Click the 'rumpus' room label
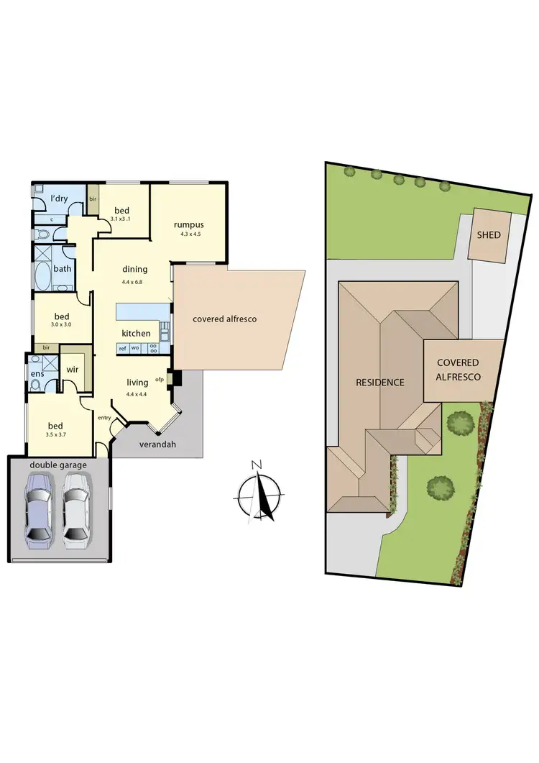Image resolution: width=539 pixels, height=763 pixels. click(190, 224)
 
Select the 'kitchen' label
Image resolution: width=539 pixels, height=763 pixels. click(136, 333)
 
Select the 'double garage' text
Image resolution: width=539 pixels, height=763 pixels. click(58, 465)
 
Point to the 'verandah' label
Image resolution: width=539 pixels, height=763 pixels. click(157, 444)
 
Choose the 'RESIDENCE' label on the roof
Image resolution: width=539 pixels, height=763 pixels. click(380, 382)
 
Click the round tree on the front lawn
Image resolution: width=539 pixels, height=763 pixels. click(440, 488)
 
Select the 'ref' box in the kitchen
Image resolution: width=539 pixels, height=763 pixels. click(123, 348)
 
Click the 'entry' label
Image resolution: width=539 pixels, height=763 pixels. click(105, 417)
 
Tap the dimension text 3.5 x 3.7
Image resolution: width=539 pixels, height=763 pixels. click(60, 434)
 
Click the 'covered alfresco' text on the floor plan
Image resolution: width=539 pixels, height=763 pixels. click(224, 319)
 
